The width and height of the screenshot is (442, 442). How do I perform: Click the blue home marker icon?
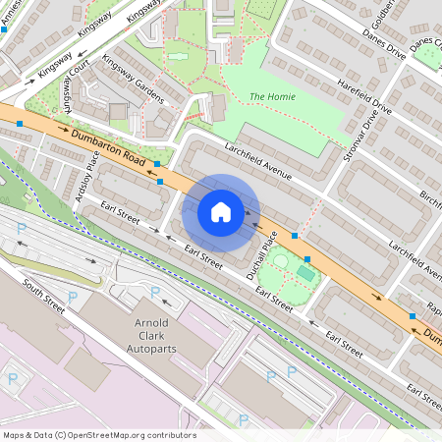pos(221,211)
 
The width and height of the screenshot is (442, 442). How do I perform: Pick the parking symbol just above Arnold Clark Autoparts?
pos(154,292)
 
